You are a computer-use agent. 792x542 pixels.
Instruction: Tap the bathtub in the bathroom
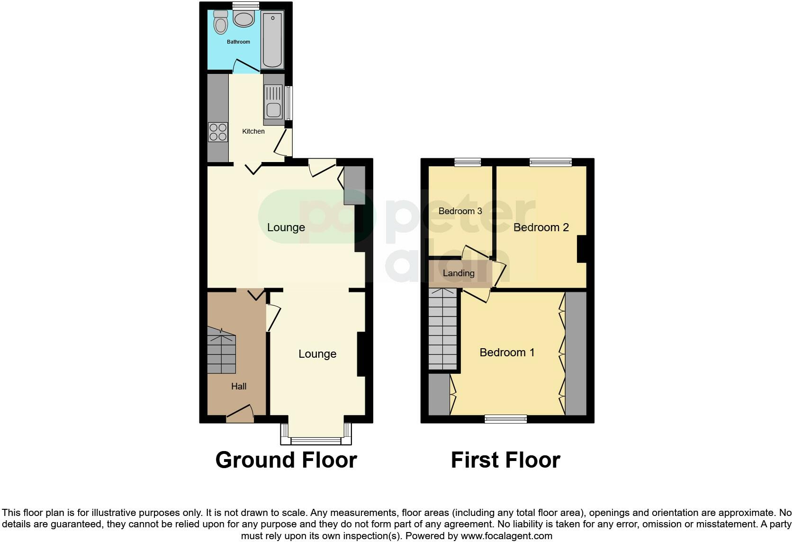point(272,41)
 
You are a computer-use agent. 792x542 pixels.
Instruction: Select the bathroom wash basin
point(244,19)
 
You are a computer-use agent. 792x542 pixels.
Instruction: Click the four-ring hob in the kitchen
point(218,132)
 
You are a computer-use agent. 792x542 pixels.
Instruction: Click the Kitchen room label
point(253,131)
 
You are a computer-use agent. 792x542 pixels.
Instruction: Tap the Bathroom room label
point(238,42)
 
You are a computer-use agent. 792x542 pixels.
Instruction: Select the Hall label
point(239,386)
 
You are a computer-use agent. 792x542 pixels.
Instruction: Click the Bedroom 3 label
point(460,211)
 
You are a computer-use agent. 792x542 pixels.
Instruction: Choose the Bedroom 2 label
point(541,227)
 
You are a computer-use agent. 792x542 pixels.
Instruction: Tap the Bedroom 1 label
point(507,352)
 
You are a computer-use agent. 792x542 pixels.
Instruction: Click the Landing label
point(458,273)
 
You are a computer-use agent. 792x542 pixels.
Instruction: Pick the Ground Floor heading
point(286,460)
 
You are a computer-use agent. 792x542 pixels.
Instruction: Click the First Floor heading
point(505,460)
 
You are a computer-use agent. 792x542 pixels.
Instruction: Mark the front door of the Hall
point(240,415)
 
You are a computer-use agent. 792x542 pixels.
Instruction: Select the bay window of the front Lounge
point(316,435)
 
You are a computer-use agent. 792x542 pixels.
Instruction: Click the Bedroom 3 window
point(468,162)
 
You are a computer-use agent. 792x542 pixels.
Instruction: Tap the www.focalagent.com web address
point(506,536)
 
